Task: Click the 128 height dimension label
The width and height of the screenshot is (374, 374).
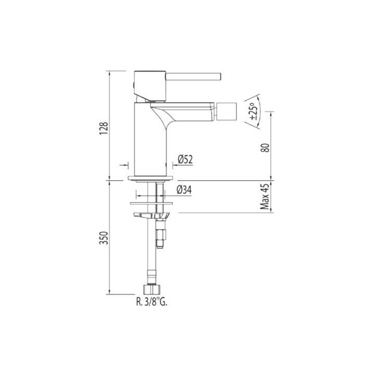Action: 104,128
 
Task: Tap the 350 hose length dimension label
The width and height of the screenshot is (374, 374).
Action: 104,238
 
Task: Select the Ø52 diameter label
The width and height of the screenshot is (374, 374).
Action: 185,159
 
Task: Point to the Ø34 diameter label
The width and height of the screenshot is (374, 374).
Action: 184,190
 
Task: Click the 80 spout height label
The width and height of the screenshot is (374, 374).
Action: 265,148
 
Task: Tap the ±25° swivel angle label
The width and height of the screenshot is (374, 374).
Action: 254,111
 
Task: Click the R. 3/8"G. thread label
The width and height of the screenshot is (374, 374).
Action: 152,302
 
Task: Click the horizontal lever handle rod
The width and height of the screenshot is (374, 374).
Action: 193,76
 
